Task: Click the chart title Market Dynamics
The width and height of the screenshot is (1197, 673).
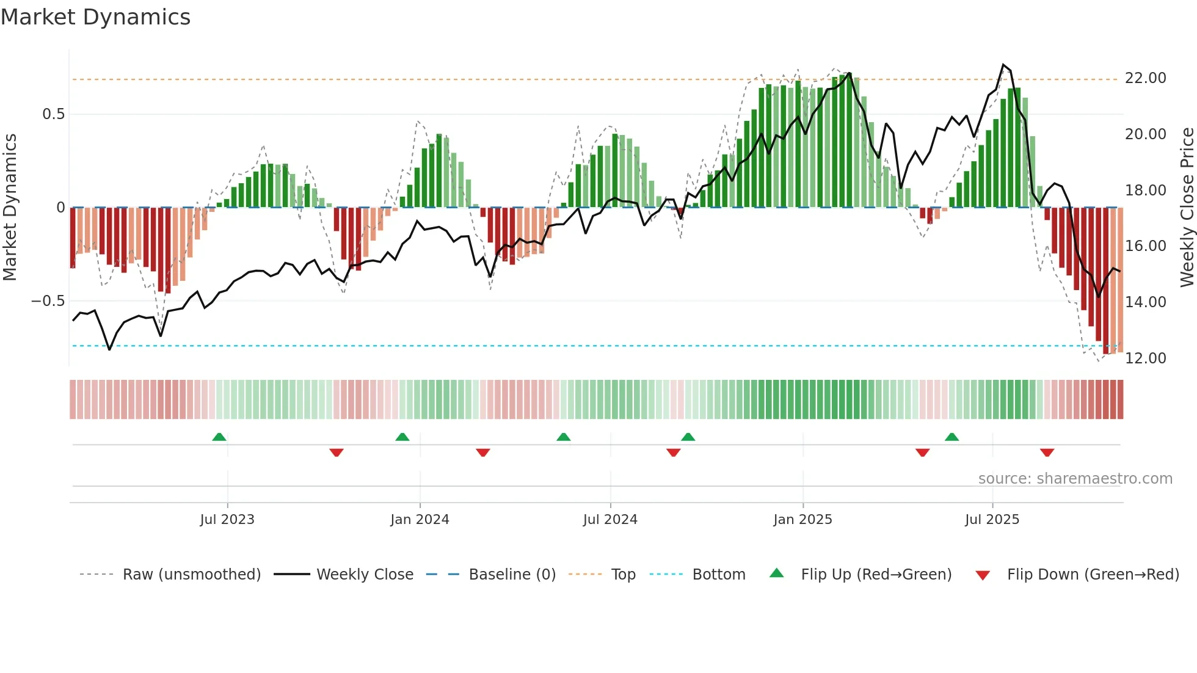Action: tap(96, 17)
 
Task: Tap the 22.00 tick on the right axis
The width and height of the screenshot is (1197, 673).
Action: tap(1145, 78)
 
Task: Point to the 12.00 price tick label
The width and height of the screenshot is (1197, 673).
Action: tap(1145, 358)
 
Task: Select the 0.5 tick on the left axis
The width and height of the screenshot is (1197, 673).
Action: tap(53, 114)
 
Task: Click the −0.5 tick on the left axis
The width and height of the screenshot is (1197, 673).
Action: tap(48, 301)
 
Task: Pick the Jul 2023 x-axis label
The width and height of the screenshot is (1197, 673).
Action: tap(227, 520)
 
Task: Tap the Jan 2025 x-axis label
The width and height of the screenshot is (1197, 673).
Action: tap(802, 520)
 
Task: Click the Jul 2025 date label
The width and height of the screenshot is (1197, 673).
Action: tap(992, 520)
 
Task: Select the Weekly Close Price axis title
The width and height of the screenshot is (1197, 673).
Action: tap(1187, 208)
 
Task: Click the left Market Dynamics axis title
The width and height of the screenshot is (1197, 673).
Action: tap(10, 208)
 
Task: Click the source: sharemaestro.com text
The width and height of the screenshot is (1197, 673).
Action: tap(1075, 479)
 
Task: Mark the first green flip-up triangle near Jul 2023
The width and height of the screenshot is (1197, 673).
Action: tap(219, 437)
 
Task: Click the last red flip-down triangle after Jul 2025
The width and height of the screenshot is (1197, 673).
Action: tap(1047, 453)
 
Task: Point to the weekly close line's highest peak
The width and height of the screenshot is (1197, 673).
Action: tap(1003, 65)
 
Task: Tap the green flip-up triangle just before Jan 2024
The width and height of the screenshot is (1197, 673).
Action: tap(402, 437)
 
